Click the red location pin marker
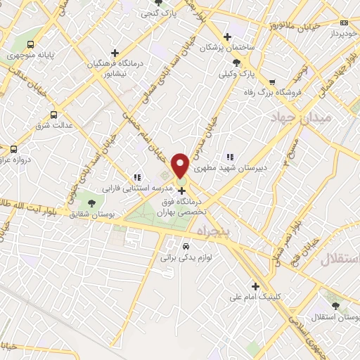coord(181,165)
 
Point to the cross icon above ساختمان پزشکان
coord(226,37)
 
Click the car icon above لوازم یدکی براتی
coord(186,247)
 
